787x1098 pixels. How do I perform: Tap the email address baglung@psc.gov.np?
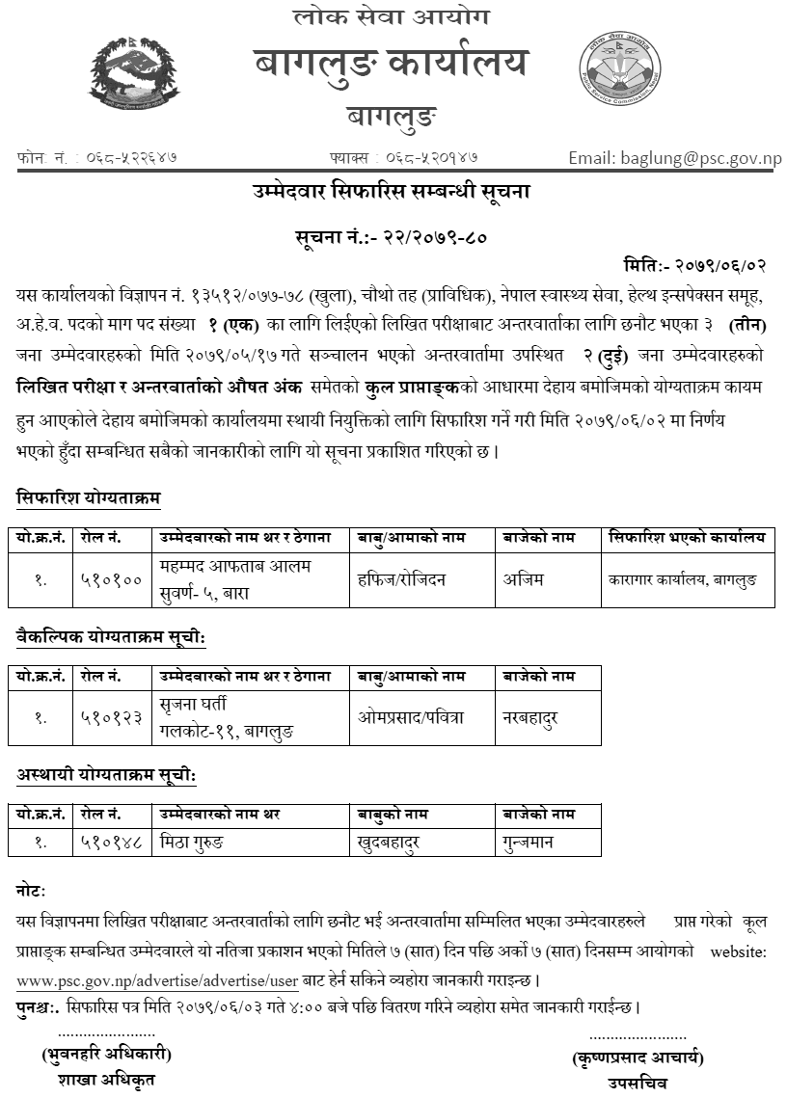(674, 158)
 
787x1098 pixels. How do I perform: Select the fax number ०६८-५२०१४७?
(432, 156)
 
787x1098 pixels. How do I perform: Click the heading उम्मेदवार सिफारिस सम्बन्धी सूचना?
(393, 193)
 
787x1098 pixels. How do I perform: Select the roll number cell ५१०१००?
(113, 580)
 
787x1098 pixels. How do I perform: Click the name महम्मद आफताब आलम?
(235, 565)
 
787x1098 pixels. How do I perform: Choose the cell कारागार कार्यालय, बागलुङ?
(683, 580)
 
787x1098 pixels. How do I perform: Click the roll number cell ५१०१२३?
(113, 718)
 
